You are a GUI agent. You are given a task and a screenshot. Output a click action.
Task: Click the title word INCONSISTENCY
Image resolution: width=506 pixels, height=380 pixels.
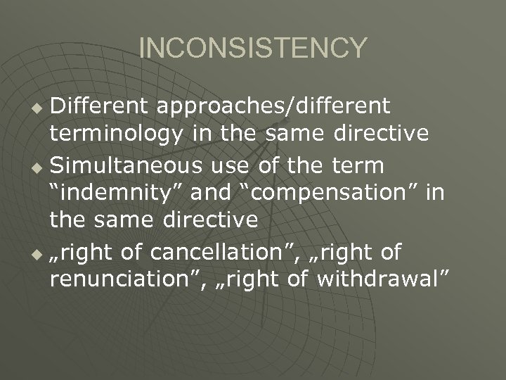[253, 49]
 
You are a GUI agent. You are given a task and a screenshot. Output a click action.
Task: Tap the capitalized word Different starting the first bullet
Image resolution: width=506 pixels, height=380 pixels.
[102, 106]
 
